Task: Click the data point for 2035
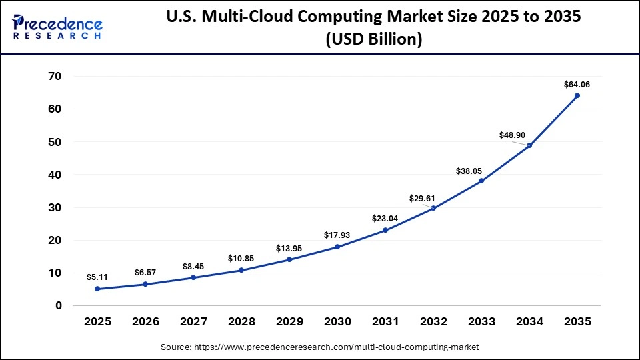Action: (577, 95)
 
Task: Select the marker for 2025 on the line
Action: (97, 289)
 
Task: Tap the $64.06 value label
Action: (577, 85)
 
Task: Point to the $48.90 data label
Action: (513, 135)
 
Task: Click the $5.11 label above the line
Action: (97, 277)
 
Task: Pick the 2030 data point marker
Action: (337, 247)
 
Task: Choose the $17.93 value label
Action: (337, 235)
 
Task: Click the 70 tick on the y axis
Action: (55, 77)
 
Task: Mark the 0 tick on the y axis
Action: (59, 305)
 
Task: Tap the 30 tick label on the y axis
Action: (55, 207)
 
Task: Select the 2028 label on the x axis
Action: (241, 322)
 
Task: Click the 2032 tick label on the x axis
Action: (433, 322)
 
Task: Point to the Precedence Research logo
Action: (57, 27)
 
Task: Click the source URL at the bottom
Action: (320, 347)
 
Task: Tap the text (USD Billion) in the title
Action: (374, 39)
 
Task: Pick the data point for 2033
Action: (481, 181)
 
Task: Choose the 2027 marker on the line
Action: (193, 277)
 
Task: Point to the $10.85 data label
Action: (241, 258)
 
